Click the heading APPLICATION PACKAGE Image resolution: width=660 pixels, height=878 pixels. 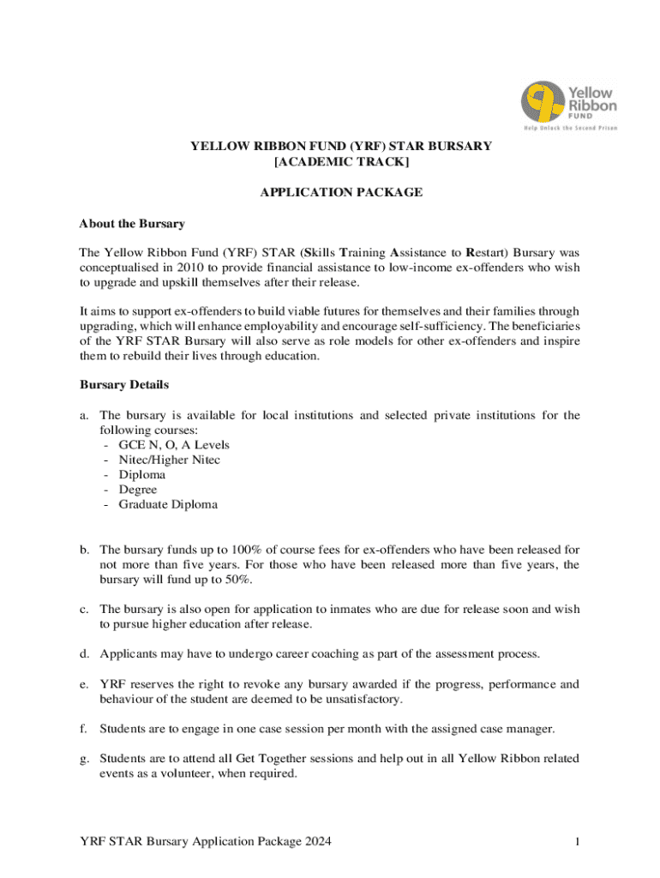pos(341,192)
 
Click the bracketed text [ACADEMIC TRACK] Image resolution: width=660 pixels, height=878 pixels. pos(341,161)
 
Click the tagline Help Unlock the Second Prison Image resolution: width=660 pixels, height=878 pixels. pos(571,128)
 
